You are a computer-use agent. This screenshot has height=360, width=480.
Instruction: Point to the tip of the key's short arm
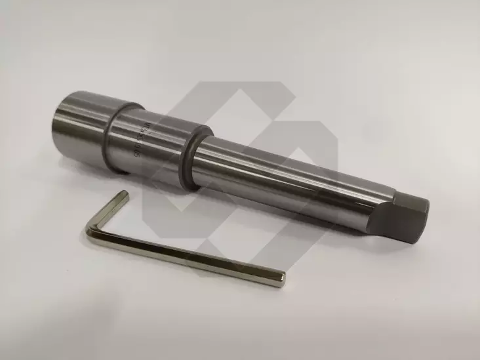pyautogui.click(x=124, y=195)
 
